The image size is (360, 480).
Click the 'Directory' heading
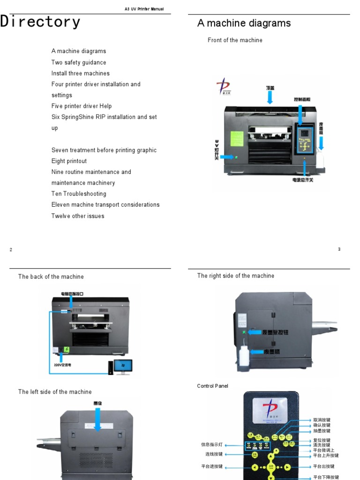coord(40,22)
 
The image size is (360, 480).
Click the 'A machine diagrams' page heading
coord(244,23)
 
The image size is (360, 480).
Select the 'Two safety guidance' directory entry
coord(79,62)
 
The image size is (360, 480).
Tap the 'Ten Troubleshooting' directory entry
coord(79,194)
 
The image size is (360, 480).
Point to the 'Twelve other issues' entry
coord(78,216)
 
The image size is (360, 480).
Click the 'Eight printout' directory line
coord(69,161)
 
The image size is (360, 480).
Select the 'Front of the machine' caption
coord(235,40)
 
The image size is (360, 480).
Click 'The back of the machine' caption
coord(51,277)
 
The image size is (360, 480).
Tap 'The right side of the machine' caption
coord(236,276)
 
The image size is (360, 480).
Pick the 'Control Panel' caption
coord(213,386)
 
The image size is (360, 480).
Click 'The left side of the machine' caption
coord(55,392)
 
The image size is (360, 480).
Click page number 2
coord(11,249)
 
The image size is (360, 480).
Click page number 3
coord(339,249)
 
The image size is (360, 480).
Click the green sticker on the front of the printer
coord(237,140)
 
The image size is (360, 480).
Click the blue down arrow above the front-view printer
coord(270,97)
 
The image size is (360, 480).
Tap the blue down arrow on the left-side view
coord(97,419)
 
